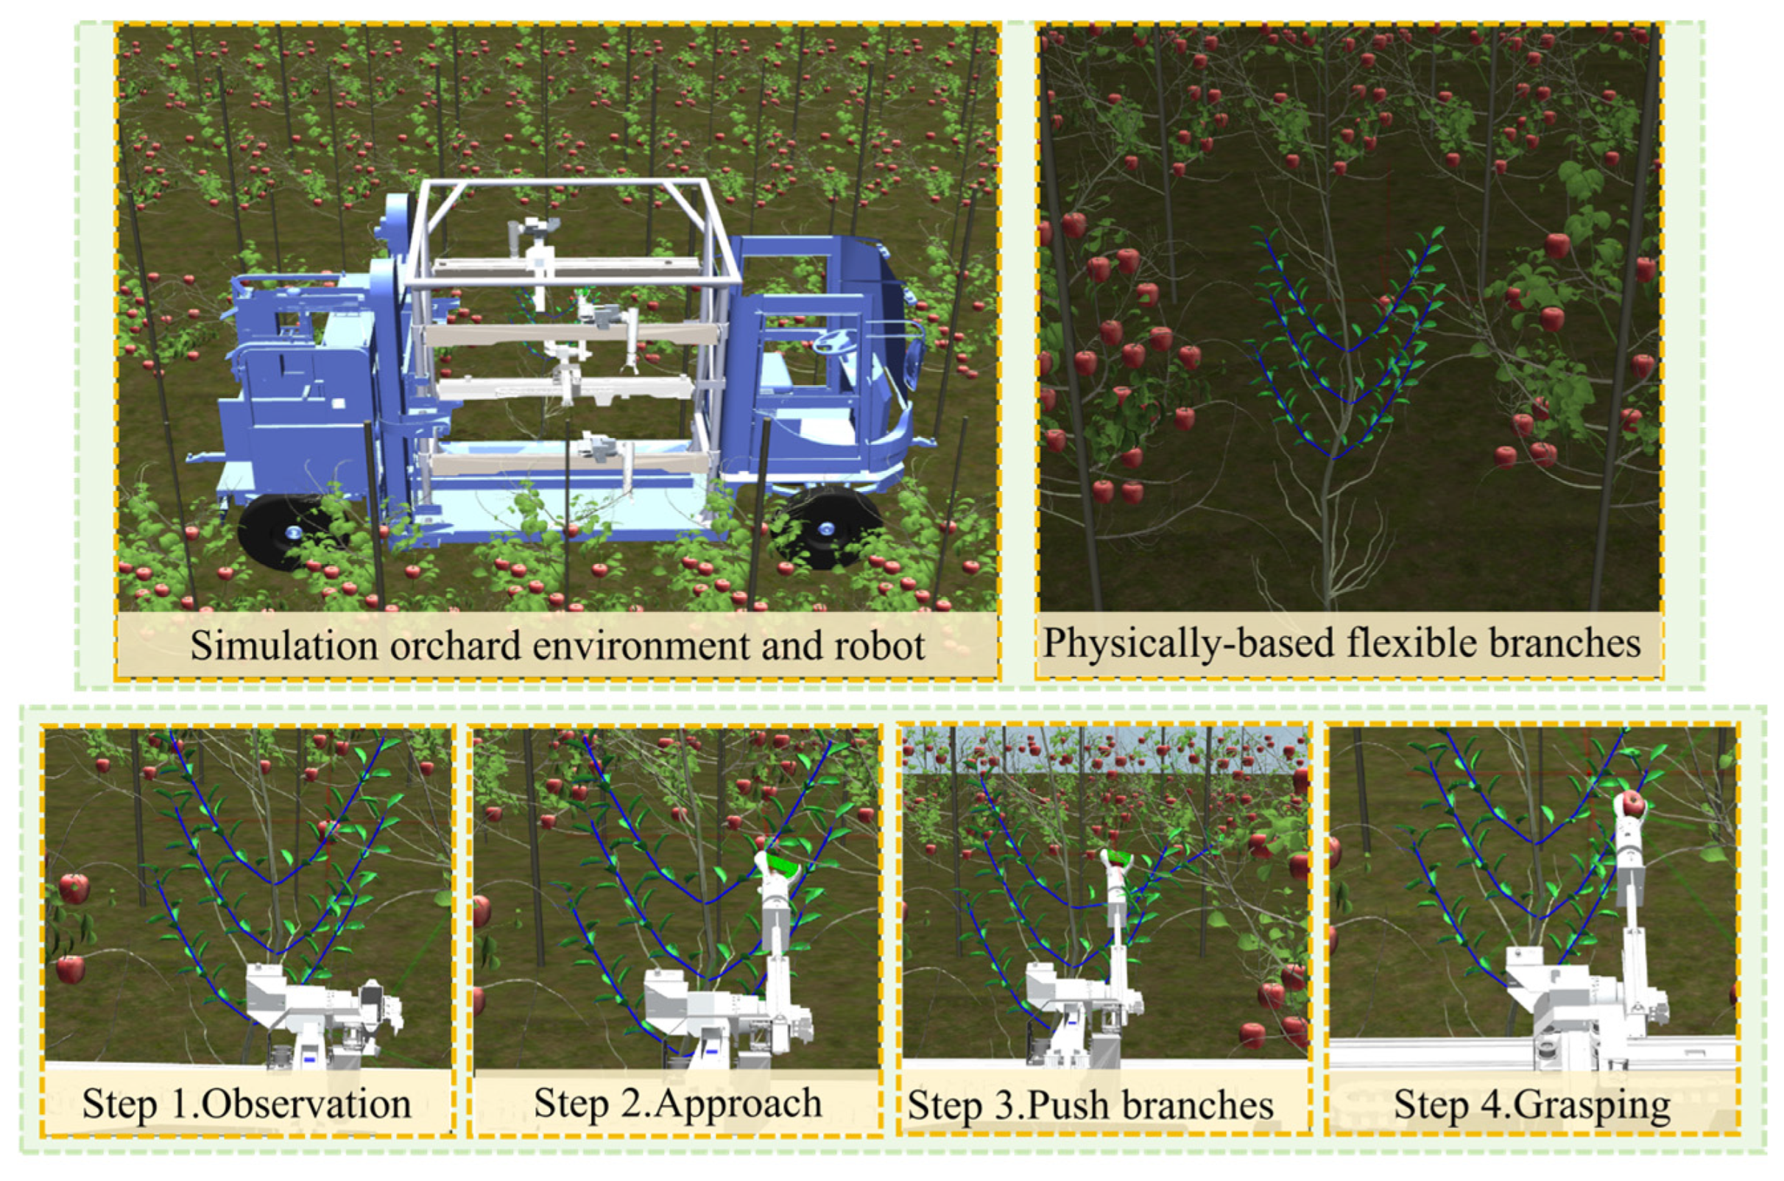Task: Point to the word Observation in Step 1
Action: [306, 1104]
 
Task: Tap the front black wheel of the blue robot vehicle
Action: [825, 527]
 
